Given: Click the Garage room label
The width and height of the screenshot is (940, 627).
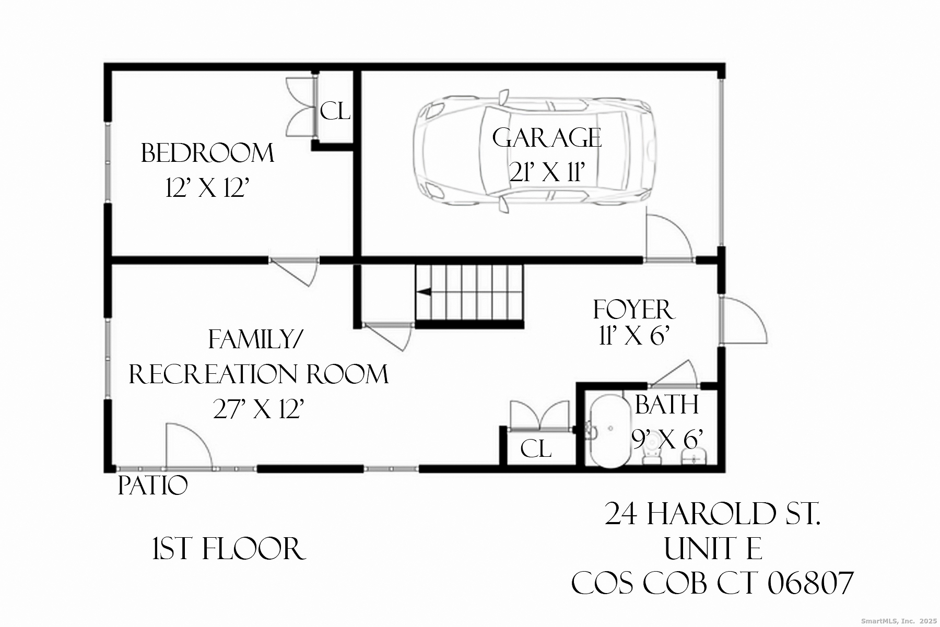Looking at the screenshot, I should [x=546, y=138].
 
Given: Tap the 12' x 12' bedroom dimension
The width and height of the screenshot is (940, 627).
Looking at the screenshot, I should [x=206, y=188].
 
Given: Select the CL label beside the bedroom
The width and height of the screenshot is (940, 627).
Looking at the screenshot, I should [x=335, y=111].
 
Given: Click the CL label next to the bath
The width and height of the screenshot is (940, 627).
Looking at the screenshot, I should [x=536, y=449].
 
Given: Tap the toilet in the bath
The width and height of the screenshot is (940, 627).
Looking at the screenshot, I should [x=651, y=458].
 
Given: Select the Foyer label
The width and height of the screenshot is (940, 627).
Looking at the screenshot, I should [x=633, y=310].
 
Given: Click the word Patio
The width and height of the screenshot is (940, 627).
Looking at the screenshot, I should [x=152, y=486].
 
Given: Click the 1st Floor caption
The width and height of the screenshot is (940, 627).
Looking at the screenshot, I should [x=228, y=549].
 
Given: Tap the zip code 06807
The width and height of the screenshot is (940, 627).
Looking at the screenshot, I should [x=810, y=584].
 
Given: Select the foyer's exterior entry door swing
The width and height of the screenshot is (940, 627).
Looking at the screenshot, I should [x=743, y=321].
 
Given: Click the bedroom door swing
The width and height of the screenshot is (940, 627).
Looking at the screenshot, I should [x=295, y=271].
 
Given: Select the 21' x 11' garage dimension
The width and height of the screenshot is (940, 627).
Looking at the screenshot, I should [x=546, y=173].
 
